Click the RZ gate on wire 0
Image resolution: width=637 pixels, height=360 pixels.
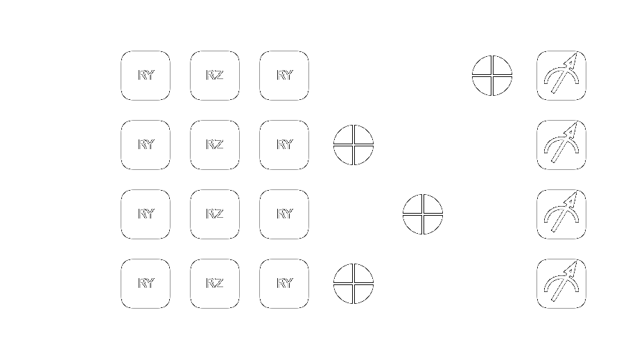tap(215, 76)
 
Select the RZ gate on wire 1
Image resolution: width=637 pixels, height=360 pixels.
tap(215, 145)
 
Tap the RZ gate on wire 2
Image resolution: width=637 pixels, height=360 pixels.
tap(215, 214)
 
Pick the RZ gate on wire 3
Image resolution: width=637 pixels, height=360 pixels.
tap(215, 284)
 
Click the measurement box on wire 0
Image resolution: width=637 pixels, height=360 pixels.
tap(561, 76)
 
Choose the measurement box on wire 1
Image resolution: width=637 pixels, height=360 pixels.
tap(561, 145)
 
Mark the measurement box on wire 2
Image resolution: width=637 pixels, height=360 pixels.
tap(561, 214)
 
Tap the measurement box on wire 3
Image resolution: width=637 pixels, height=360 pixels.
tap(561, 284)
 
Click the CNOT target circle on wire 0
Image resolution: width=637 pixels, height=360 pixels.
tap(492, 76)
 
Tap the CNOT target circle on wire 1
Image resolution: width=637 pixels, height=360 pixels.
tap(354, 145)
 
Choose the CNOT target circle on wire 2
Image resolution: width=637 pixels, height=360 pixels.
tap(423, 214)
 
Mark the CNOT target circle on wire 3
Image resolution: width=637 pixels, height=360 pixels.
tap(354, 284)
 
